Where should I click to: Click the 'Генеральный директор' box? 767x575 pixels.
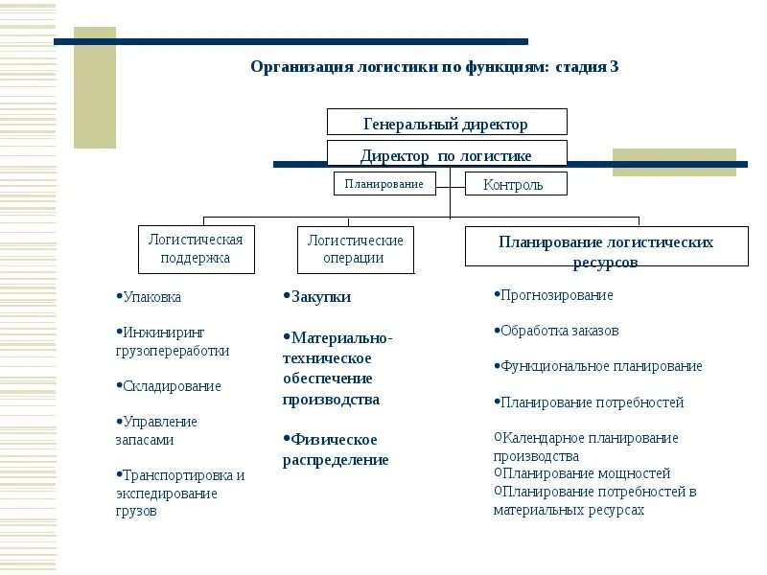point(447,123)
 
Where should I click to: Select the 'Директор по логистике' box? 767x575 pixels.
point(447,154)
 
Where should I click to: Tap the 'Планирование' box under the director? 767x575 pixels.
point(384,183)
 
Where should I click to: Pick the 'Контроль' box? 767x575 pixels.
point(516,184)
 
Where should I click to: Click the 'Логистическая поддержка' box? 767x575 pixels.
point(196,248)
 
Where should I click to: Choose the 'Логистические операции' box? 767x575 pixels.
point(355,248)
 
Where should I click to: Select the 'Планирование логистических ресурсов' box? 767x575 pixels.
point(606,246)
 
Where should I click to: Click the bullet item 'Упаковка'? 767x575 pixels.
point(151,297)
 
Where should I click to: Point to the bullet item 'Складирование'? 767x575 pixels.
point(172,386)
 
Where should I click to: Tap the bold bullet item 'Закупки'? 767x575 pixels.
point(321,297)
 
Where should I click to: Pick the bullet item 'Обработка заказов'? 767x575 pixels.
point(560,331)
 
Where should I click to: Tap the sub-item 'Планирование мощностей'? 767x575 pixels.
point(586,473)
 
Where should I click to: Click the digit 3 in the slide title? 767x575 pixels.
point(614,67)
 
